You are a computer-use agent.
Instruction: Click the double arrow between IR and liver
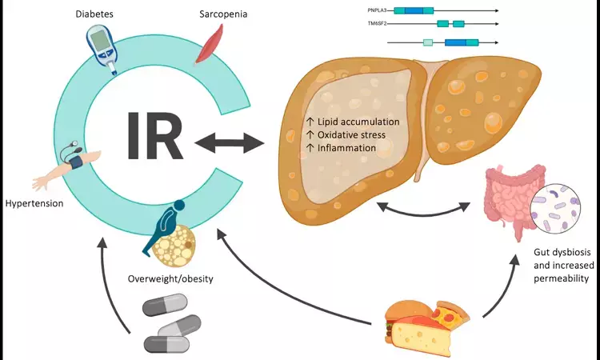tap(230, 144)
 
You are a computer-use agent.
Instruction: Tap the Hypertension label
tap(33, 203)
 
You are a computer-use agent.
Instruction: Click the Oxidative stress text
tap(346, 134)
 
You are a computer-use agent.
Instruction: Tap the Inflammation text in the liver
tap(341, 147)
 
